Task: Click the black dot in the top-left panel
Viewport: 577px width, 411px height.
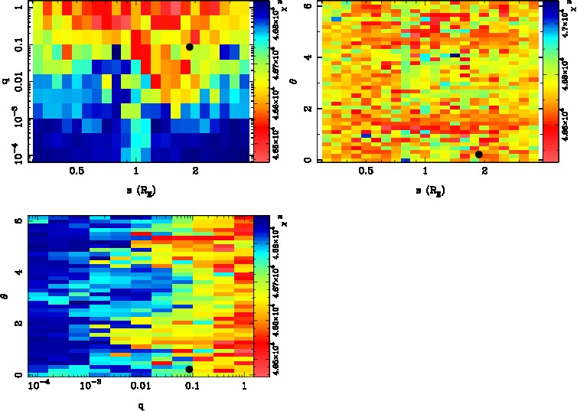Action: pyautogui.click(x=190, y=47)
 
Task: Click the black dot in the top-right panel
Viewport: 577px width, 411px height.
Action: pyautogui.click(x=479, y=155)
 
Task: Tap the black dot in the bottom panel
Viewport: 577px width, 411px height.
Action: pyautogui.click(x=189, y=370)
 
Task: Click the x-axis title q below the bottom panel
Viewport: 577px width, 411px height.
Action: pyautogui.click(x=142, y=406)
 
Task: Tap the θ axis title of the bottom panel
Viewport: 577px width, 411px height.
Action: pyautogui.click(x=5, y=295)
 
